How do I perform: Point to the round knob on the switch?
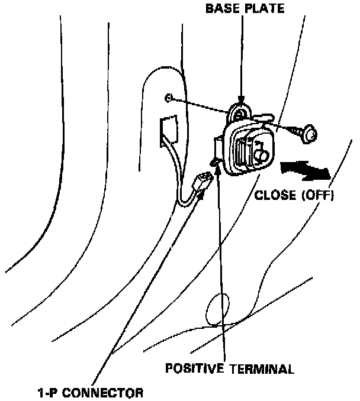tap(261, 155)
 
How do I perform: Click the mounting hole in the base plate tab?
tap(239, 112)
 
